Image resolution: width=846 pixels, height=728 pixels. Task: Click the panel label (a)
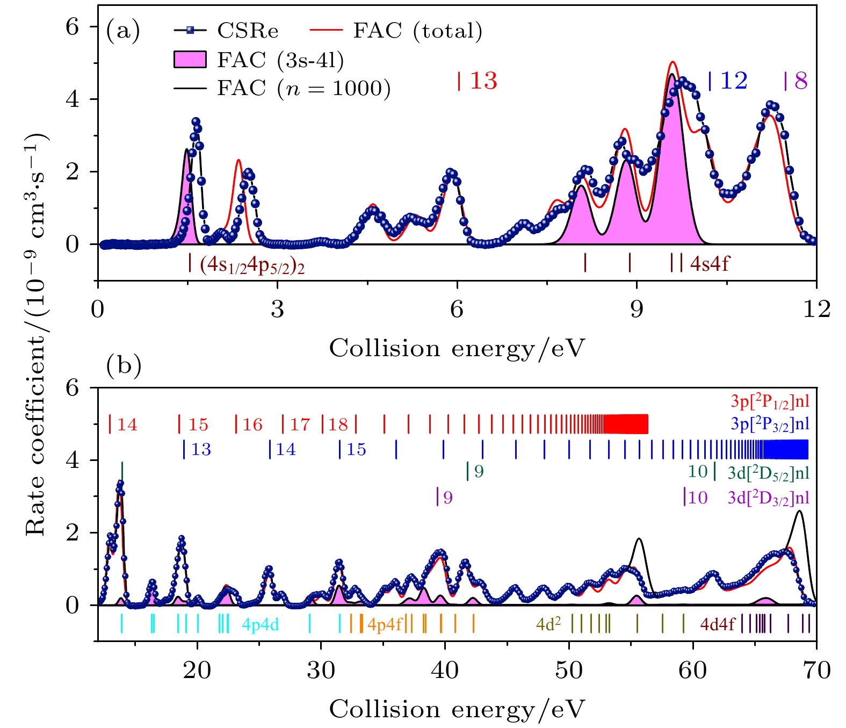point(123,30)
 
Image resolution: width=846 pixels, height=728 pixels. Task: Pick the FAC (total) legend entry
point(417,31)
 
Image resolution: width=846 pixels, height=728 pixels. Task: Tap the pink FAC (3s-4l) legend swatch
point(190,60)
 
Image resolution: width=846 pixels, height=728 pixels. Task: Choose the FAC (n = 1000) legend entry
point(303,88)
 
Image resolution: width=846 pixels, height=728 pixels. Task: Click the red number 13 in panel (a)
point(483,81)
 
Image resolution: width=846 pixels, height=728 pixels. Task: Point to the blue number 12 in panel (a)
point(734,81)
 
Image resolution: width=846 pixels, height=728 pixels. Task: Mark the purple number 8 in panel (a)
point(801,81)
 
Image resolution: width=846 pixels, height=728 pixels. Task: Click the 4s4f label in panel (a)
point(710,264)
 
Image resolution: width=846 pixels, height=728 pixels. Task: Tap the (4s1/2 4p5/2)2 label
point(252,265)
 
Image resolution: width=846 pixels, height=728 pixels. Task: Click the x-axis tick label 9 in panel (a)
point(637,309)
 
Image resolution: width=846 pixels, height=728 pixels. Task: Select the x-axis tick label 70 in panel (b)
point(816,671)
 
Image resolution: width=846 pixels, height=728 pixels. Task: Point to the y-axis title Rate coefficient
point(37,334)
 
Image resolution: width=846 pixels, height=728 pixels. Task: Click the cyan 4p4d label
point(260,624)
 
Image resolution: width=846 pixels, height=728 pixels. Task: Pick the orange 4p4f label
point(385,624)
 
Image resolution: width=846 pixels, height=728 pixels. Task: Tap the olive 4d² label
point(548,624)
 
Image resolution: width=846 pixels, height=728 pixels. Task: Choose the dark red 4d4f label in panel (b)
point(717,624)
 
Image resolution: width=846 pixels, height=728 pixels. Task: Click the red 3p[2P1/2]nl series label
point(770,401)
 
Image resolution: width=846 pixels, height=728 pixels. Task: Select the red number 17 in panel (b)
point(300,425)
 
